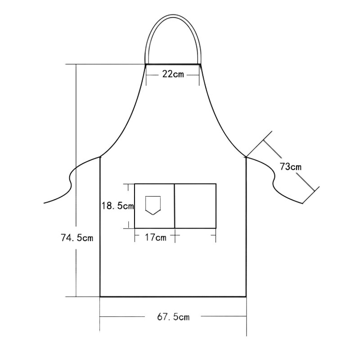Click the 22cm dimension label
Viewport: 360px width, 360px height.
[173, 74]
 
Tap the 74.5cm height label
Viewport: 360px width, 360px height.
[77, 238]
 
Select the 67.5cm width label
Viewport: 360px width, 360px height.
[173, 317]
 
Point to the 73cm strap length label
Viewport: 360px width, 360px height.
[290, 167]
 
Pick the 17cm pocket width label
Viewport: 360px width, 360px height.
[155, 237]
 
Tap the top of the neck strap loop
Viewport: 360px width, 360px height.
[173, 16]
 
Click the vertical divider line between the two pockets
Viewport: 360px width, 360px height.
[175, 206]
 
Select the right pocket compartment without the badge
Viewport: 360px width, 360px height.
[195, 206]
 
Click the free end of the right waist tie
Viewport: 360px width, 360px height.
[304, 202]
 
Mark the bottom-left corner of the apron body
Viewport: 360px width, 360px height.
[100, 297]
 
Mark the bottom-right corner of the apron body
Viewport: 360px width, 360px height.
[246, 297]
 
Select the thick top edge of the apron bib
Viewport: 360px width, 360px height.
[173, 65]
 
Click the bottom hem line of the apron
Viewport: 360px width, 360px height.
[173, 297]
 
